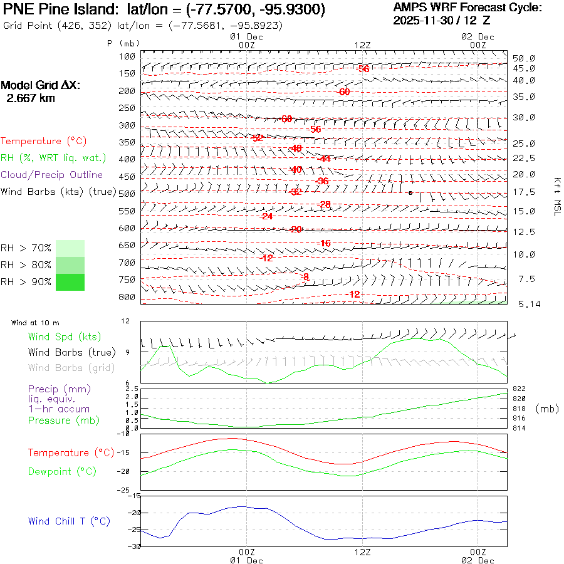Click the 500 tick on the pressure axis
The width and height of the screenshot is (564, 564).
tap(127, 194)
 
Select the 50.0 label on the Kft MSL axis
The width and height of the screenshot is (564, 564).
tap(524, 58)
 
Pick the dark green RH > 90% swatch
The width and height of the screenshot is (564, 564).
tap(70, 282)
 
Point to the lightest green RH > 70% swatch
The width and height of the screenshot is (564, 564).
tap(70, 248)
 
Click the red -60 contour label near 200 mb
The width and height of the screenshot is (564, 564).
tap(344, 92)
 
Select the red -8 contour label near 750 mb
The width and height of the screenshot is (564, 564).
tap(305, 276)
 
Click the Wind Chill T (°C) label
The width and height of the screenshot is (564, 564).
tap(69, 521)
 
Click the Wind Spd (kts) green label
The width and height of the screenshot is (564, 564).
tap(64, 337)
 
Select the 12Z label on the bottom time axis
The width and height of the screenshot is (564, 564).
tap(363, 552)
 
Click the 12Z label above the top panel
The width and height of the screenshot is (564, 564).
tap(363, 45)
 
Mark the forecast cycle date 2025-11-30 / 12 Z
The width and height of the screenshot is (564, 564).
tap(442, 20)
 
